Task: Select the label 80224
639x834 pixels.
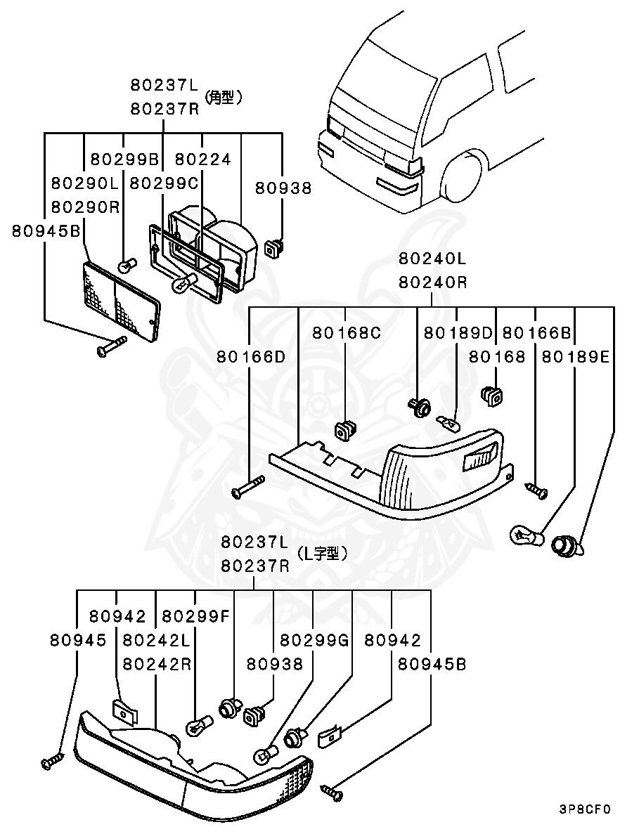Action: [202, 159]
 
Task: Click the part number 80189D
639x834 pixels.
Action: [458, 332]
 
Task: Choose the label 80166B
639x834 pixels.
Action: [537, 332]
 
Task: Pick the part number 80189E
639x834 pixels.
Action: [575, 356]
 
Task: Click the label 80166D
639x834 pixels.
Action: [251, 356]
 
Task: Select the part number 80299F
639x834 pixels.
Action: [195, 616]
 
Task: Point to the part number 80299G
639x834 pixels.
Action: [314, 640]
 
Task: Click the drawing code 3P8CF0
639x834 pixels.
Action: [585, 809]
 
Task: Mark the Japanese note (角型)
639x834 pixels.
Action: [224, 98]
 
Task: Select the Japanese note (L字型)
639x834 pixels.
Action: [322, 554]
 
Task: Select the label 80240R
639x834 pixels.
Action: [432, 282]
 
